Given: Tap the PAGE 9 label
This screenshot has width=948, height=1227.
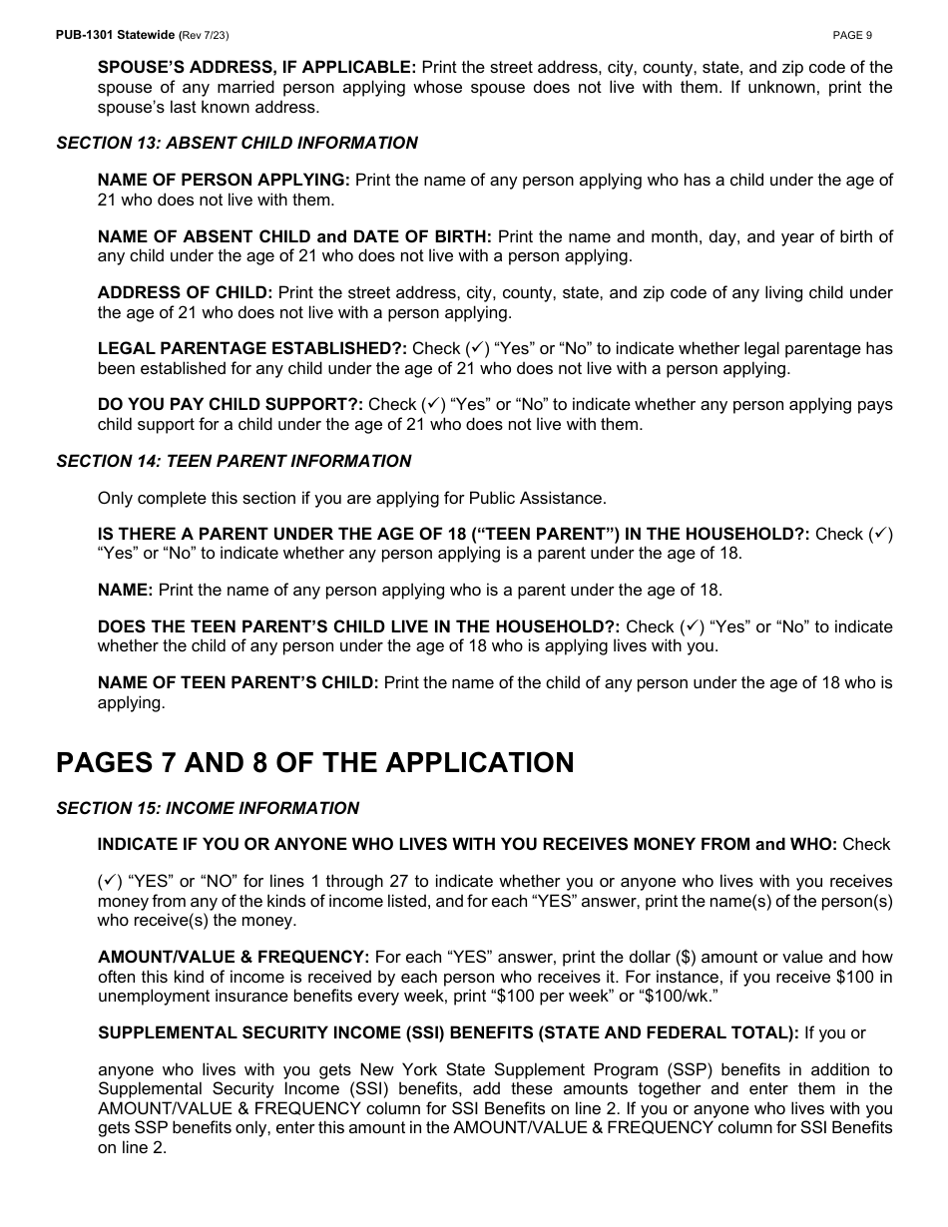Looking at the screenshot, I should [x=852, y=35].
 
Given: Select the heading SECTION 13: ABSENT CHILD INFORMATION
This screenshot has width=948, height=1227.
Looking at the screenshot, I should [x=237, y=143].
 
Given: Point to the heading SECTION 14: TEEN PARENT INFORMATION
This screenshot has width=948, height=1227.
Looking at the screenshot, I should [x=234, y=461].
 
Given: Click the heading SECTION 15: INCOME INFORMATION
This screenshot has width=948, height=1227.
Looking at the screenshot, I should [x=208, y=808].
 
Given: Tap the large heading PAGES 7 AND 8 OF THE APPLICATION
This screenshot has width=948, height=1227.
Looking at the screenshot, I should [x=314, y=763].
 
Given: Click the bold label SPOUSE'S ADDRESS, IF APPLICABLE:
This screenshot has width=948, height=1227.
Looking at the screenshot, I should [x=256, y=68].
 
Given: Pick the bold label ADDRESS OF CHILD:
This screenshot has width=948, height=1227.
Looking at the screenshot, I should [x=185, y=293].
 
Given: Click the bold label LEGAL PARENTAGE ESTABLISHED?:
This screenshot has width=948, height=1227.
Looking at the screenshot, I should [x=251, y=349].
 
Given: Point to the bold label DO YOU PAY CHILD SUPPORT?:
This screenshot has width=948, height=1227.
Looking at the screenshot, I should [x=230, y=405].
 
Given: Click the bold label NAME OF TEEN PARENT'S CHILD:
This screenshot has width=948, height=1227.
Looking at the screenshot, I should [x=237, y=683].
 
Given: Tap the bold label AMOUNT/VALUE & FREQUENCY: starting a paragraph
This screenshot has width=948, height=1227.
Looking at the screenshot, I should [x=233, y=958].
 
